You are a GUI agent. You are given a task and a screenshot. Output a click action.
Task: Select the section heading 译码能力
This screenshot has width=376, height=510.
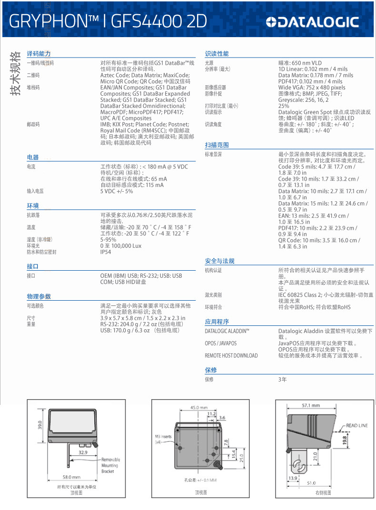39,54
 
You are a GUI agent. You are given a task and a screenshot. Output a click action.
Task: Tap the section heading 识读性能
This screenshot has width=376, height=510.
217,54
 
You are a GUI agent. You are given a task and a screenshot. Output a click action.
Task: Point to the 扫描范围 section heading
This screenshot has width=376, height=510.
217,145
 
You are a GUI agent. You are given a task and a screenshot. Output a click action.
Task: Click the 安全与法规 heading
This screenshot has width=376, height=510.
219,261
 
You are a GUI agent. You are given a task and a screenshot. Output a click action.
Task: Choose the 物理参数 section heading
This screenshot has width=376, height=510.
39,296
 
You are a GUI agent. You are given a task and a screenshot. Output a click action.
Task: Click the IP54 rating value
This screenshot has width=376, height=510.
106,252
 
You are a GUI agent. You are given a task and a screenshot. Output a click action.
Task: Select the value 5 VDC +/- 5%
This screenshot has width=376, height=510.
117,191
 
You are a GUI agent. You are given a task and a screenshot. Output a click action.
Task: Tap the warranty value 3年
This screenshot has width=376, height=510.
282,380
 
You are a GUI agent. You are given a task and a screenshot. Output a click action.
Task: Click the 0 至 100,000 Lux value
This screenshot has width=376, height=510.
121,246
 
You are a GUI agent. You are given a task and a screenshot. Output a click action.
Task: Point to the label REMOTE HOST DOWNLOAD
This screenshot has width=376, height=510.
231,355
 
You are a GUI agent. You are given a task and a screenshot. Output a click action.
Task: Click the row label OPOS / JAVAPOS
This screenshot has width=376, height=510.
220,343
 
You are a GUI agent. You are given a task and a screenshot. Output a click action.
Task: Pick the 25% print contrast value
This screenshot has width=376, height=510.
284,106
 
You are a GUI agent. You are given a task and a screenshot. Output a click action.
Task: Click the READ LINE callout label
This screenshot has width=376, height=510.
356,425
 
